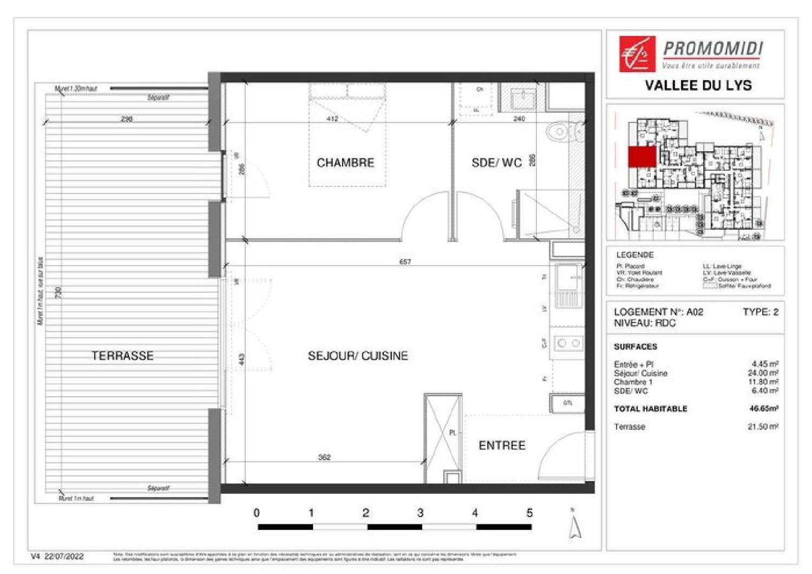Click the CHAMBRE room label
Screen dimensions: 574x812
pos(345,163)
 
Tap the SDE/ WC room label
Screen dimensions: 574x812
pos(496,163)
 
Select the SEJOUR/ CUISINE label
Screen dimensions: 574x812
pos(358,356)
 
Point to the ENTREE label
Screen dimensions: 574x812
pos(502,445)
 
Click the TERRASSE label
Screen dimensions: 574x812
pos(122,356)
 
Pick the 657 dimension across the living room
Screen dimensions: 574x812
pos(405,262)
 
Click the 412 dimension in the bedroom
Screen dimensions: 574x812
pos(332,119)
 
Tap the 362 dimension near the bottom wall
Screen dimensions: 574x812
pos(324,457)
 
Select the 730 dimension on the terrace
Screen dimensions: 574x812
pos(58,293)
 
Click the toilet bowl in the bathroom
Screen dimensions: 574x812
pos(558,132)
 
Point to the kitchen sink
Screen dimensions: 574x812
pos(568,278)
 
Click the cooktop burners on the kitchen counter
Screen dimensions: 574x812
pos(568,343)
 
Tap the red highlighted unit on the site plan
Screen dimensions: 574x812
pos(642,157)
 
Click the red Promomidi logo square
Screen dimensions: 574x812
pos(637,54)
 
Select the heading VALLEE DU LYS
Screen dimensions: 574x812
pos(698,85)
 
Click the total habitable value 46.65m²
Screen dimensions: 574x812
pos(764,409)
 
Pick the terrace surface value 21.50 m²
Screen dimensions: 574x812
pos(763,427)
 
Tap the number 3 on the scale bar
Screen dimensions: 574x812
pos(420,513)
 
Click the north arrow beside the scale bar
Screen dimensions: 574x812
pos(575,526)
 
